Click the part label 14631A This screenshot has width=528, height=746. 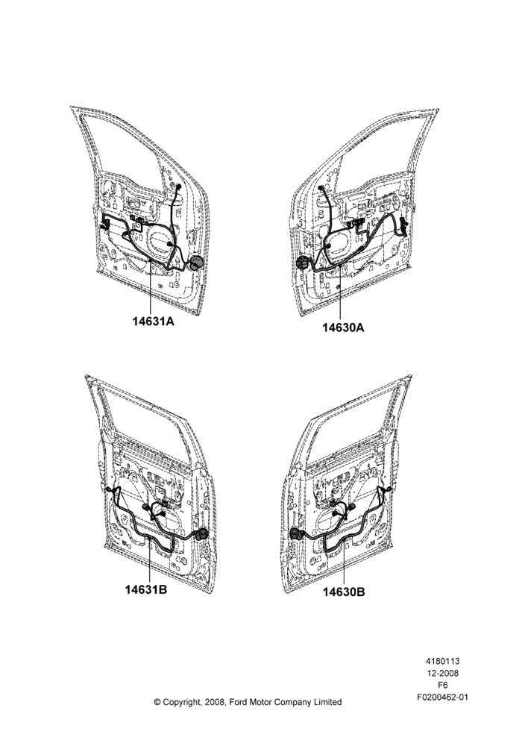point(153,322)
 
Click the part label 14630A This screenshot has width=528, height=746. point(343,327)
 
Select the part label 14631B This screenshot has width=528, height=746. point(146,589)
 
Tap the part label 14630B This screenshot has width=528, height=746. point(344,592)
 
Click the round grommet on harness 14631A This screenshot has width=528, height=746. point(196,264)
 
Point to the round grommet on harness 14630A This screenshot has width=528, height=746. point(303,263)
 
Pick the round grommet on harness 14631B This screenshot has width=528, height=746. point(201,534)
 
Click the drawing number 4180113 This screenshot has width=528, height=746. point(442,661)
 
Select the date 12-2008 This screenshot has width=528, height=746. point(442,673)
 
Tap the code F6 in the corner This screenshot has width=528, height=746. point(442,686)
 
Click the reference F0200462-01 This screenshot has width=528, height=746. point(442,698)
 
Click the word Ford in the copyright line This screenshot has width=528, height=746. point(239,702)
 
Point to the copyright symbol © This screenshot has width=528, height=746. point(157,702)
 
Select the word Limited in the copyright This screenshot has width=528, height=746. point(327,702)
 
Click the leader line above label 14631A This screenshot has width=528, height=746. point(151,287)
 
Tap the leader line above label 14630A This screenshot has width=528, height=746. point(341,292)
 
